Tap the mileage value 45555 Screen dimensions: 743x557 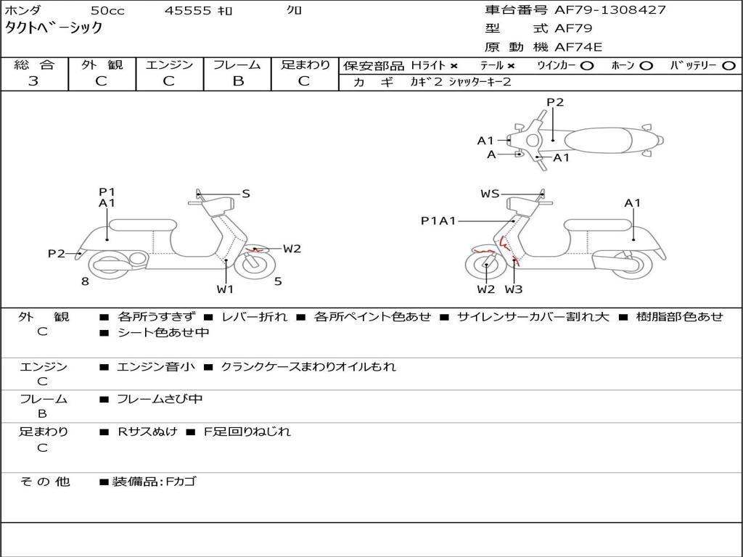[188, 11]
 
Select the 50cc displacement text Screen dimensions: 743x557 [107, 11]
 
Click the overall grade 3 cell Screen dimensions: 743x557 [33, 81]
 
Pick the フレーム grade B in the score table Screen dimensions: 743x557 [237, 81]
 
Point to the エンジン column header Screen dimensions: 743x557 [169, 65]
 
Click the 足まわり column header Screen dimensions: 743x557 [305, 65]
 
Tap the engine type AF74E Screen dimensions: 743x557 [578, 48]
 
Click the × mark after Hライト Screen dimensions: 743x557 [453, 65]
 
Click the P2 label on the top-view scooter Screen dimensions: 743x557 [555, 102]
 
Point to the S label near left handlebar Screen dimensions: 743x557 [246, 194]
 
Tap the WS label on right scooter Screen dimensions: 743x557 [490, 194]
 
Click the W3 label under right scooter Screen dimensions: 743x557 [514, 289]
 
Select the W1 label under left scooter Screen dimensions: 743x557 [225, 289]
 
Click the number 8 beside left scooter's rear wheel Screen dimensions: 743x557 [85, 281]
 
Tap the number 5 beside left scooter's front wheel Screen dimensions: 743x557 [278, 281]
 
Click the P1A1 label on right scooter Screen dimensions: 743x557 [438, 220]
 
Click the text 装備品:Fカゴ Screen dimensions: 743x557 [154, 482]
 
